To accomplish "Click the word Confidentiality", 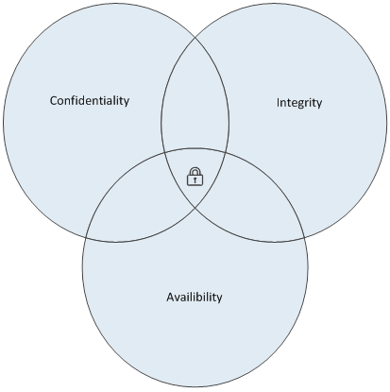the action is tap(90, 101).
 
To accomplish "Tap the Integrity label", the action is tap(299, 103).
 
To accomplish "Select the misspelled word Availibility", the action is tap(195, 297).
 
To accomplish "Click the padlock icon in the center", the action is tap(195, 177).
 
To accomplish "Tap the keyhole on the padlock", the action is tap(195, 179).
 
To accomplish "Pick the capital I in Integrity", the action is tap(278, 102).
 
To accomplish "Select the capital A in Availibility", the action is tap(170, 297).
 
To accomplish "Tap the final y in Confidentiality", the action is tap(127, 103).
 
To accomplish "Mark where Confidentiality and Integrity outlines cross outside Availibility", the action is tap(195, 37).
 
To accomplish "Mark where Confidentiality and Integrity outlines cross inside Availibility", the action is tap(195, 208).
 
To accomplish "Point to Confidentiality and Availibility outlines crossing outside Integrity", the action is tap(86, 237).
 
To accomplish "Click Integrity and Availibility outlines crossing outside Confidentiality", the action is tap(305, 237).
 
